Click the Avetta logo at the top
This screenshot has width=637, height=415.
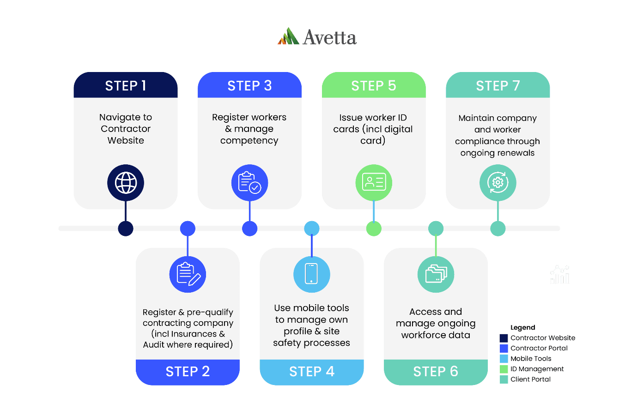[317, 37]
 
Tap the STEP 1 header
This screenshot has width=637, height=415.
[126, 85]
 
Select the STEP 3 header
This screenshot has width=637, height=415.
[249, 85]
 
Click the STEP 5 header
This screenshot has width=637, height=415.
[374, 85]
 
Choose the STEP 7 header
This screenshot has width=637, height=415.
[498, 85]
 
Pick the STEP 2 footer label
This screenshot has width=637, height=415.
[188, 372]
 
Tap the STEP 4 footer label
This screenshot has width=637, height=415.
[312, 372]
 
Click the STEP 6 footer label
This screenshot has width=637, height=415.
[436, 372]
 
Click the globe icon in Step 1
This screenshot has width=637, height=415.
[126, 183]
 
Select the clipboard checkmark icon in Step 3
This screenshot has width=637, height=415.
[249, 183]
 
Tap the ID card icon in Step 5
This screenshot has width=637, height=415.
[374, 183]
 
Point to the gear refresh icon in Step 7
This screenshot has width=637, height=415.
[497, 183]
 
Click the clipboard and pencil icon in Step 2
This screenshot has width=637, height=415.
[188, 275]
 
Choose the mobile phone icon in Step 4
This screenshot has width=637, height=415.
[312, 274]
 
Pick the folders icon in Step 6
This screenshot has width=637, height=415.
[436, 274]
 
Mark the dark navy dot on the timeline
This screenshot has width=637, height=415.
[126, 229]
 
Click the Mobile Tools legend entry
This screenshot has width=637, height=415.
[530, 359]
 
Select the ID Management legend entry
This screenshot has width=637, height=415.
[536, 369]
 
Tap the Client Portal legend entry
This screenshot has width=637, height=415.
[530, 379]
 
